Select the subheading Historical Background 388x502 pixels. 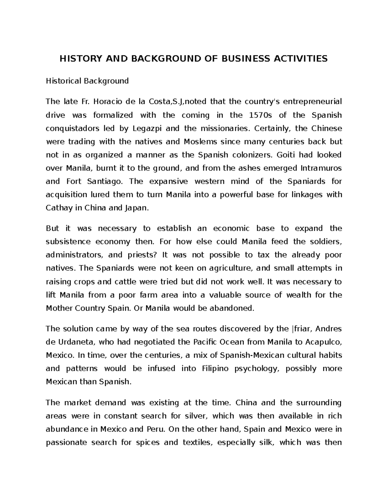(x=87, y=81)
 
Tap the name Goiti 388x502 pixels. (x=284, y=155)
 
